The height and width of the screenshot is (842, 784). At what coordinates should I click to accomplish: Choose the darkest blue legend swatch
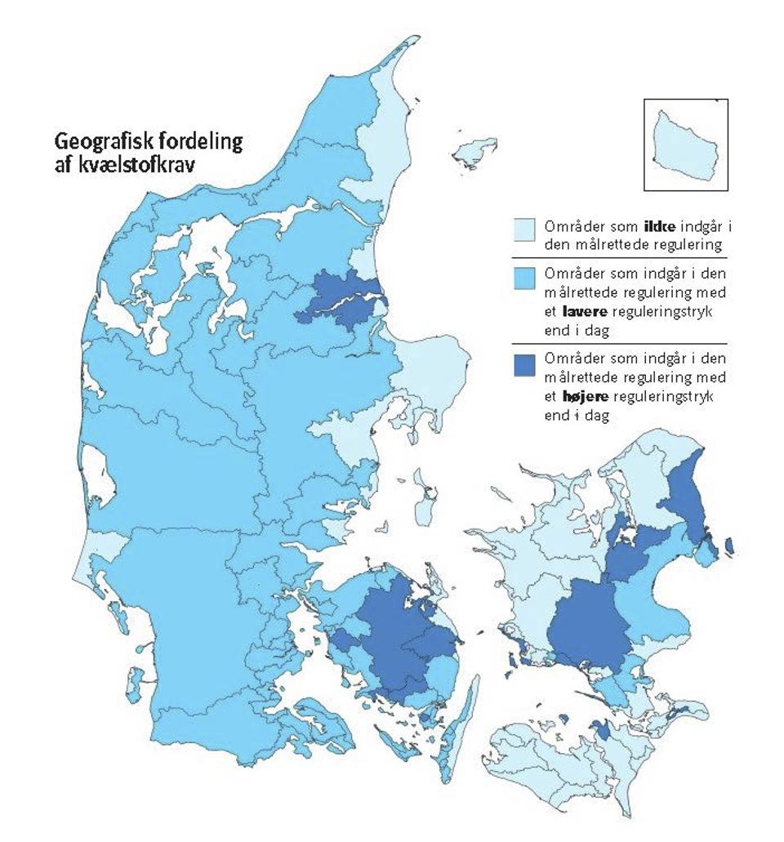point(523,364)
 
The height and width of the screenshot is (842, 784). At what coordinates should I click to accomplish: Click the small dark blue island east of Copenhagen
point(728,545)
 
